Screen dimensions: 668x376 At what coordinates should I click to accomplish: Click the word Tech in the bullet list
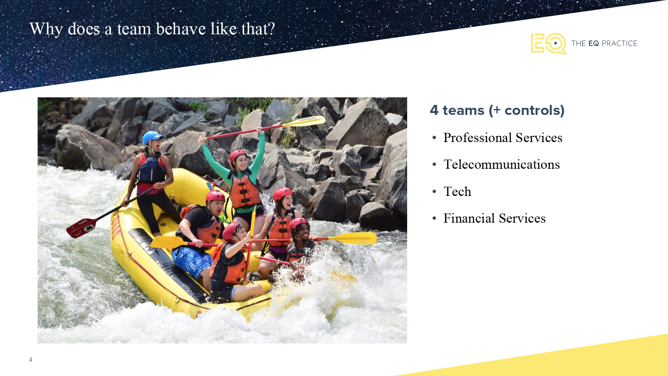pos(457,192)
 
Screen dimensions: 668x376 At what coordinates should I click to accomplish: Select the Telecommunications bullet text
pos(502,165)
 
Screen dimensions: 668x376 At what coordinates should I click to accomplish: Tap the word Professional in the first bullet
pos(477,138)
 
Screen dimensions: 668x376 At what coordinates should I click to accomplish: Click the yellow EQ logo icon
pos(548,43)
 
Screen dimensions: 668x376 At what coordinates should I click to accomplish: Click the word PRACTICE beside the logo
pos(620,43)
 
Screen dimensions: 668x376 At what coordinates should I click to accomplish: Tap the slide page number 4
pos(31,360)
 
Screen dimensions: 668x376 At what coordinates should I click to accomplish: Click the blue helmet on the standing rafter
pos(153,137)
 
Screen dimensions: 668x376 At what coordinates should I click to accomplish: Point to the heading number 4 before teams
pos(434,110)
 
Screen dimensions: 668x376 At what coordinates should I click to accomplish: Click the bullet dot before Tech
pos(434,192)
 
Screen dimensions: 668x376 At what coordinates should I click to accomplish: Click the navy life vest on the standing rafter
pos(151,170)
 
